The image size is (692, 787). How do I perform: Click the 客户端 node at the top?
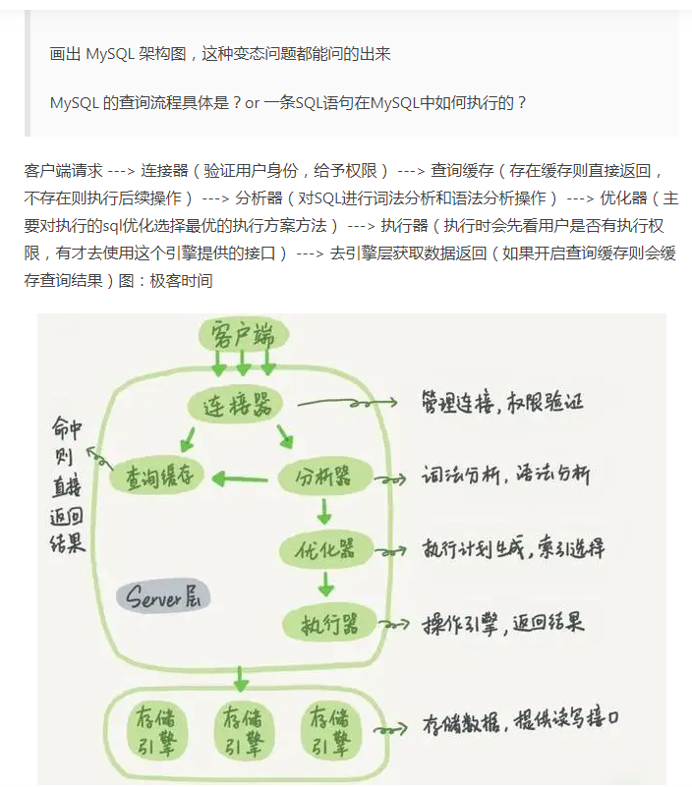[x=243, y=336]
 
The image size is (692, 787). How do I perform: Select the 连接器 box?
[x=236, y=404]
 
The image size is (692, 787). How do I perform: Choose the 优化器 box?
[x=324, y=550]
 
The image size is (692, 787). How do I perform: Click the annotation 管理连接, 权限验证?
[x=502, y=403]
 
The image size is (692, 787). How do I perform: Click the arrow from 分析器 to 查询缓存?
[x=241, y=479]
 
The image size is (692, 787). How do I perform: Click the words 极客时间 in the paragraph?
[x=181, y=280]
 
